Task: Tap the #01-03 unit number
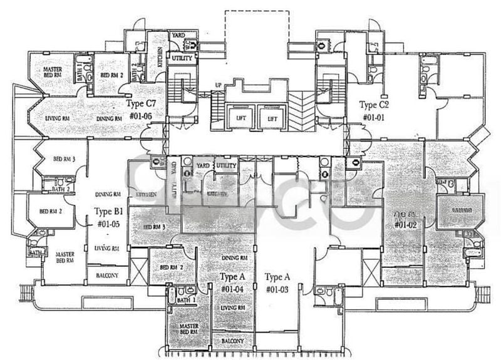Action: tap(277, 289)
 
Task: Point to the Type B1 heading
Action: tap(106, 211)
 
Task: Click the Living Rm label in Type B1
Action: tap(106, 249)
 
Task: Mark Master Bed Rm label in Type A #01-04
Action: tap(189, 329)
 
